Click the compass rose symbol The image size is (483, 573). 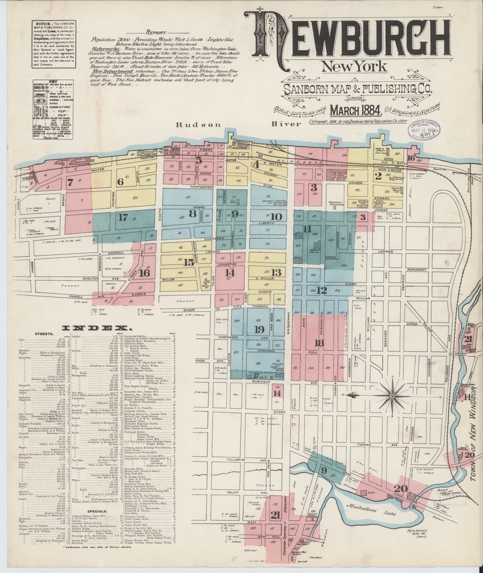[391, 395]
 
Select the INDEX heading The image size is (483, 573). [101, 328]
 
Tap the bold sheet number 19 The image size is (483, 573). [259, 329]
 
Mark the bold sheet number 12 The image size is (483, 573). [322, 290]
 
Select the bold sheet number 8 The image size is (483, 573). [192, 213]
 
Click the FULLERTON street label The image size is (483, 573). [236, 460]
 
